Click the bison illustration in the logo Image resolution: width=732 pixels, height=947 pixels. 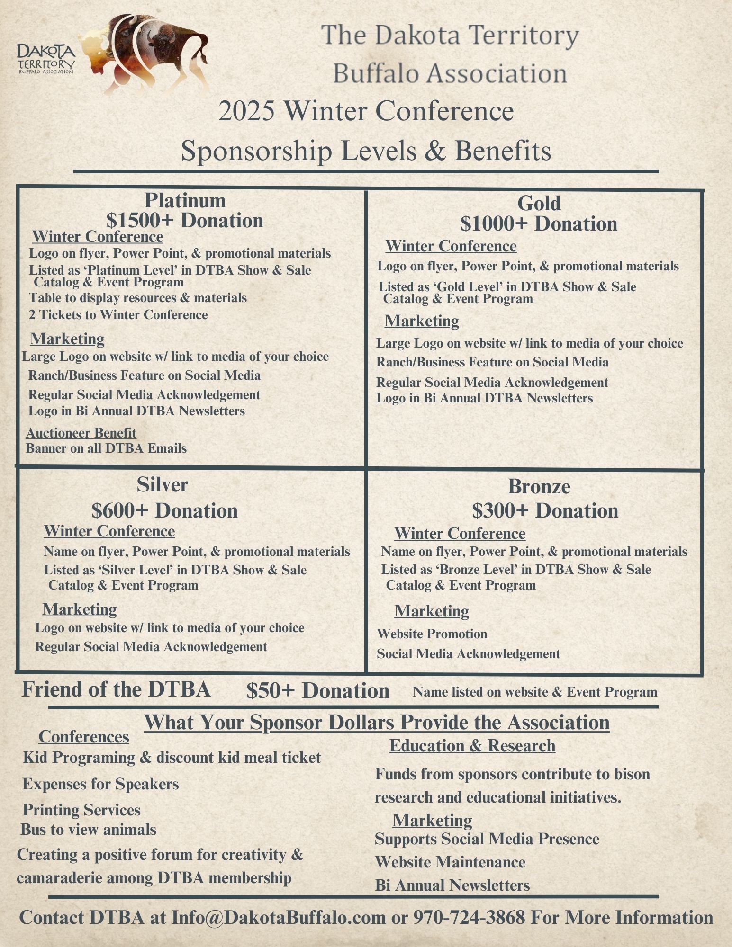[x=147, y=52]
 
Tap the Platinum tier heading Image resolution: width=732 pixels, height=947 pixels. [x=185, y=200]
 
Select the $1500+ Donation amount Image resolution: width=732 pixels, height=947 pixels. [x=185, y=221]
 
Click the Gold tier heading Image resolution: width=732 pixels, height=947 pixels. [x=539, y=203]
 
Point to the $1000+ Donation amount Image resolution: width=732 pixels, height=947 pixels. [x=539, y=224]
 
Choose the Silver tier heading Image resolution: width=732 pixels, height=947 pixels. [x=163, y=484]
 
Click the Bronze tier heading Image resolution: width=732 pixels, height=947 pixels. [x=539, y=486]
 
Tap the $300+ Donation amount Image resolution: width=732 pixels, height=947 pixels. [x=545, y=511]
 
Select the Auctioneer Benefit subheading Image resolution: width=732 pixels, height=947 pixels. [x=81, y=433]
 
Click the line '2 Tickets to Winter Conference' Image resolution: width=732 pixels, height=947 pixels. [x=118, y=315]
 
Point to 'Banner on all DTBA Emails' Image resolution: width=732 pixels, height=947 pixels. [x=106, y=448]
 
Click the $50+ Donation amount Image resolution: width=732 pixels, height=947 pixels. [x=317, y=691]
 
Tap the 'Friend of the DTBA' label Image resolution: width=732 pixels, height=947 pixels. [x=116, y=689]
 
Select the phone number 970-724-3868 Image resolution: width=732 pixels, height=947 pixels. [x=469, y=917]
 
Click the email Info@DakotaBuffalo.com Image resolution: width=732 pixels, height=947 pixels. [x=279, y=917]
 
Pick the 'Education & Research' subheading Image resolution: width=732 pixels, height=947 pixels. [x=472, y=746]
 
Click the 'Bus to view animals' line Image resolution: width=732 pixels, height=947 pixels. [x=88, y=830]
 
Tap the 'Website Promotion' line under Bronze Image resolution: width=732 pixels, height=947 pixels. [x=432, y=634]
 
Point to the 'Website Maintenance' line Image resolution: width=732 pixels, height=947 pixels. [x=450, y=862]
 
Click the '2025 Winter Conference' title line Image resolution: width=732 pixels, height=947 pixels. [x=366, y=112]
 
